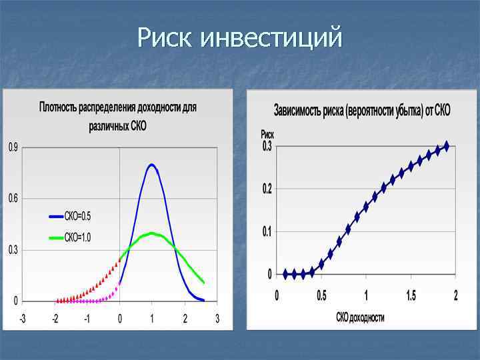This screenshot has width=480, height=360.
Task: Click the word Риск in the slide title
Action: (x=167, y=37)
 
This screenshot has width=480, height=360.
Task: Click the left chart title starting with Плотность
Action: (x=118, y=106)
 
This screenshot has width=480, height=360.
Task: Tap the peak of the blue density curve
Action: (x=152, y=165)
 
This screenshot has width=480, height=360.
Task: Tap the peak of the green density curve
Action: (x=152, y=233)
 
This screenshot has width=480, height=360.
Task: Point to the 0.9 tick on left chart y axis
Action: (x=13, y=147)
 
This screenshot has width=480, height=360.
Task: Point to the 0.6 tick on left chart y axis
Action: (x=13, y=199)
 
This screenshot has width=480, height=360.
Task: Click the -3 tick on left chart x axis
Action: (x=22, y=319)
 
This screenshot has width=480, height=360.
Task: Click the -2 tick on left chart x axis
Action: (x=55, y=319)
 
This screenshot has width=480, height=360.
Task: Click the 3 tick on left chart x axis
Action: (x=217, y=319)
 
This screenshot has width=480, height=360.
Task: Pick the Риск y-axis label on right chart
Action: (x=267, y=135)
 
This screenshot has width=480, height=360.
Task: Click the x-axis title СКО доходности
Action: (x=361, y=318)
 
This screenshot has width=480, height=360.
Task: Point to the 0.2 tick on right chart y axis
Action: (x=266, y=189)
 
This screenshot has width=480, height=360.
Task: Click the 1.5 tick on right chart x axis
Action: (x=411, y=295)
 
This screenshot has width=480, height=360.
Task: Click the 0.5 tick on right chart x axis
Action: (x=321, y=295)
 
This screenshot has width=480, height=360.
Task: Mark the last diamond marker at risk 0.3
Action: (x=447, y=145)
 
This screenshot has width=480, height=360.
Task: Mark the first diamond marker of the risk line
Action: (x=286, y=274)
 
